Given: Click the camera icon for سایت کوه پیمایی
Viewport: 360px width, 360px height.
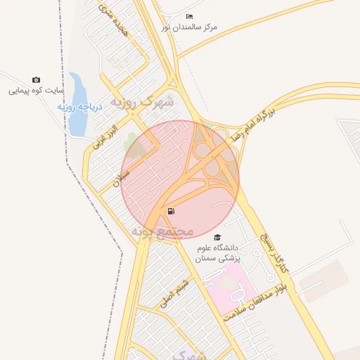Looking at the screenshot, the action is click(x=37, y=80).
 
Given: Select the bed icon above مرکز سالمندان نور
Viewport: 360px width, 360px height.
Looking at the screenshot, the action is click(x=188, y=16).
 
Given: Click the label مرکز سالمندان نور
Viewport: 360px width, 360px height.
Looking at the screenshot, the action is click(x=189, y=27).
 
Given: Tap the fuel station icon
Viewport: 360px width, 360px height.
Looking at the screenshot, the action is click(x=172, y=211).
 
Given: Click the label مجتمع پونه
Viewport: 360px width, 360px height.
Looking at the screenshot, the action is click(x=162, y=231).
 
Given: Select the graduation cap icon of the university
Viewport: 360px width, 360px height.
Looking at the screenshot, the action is click(x=217, y=238).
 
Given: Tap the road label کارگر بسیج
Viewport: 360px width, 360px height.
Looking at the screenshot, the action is click(x=274, y=250).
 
